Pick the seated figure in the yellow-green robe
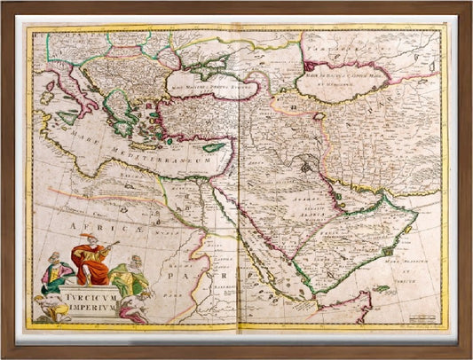click(130, 274)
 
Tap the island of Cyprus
click(218, 146)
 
